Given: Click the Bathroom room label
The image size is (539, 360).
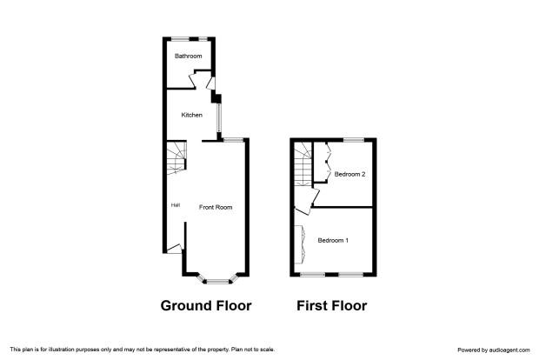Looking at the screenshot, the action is [188, 56].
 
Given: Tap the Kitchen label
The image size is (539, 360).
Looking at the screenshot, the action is [192, 115].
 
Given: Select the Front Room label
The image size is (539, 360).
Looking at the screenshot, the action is [216, 207].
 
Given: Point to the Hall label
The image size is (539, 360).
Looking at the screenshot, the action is [176, 205].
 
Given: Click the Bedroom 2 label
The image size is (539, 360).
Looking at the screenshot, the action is [349, 174].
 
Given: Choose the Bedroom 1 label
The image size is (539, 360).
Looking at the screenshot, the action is [333, 240].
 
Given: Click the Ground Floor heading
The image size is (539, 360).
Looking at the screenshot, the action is [206, 305].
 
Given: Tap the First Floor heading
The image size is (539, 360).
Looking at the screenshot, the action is [332, 305].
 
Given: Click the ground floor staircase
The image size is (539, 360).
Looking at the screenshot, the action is [176, 157].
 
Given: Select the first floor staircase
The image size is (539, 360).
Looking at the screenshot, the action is [303, 164].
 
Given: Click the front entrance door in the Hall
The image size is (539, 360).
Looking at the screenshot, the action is [174, 249].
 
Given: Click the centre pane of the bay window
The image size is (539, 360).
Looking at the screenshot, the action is [217, 282].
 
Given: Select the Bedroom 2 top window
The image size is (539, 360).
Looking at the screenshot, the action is [354, 140].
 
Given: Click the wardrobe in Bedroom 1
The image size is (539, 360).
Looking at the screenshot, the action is [299, 244].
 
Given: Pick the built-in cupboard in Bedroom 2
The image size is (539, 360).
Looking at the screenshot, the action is [323, 162].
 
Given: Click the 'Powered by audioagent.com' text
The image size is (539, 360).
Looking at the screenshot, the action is [494, 350].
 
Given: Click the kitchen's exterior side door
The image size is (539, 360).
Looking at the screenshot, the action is [211, 83].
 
